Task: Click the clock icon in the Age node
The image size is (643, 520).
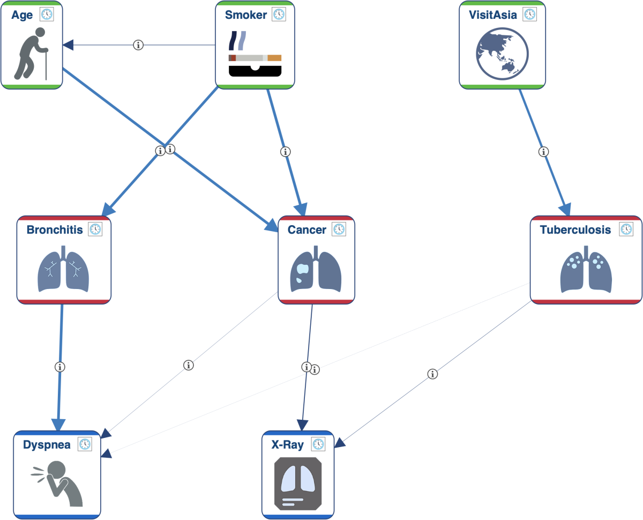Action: tap(47, 14)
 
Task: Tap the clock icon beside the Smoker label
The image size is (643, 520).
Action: tap(279, 14)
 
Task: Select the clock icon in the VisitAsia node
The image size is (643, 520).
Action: tap(530, 14)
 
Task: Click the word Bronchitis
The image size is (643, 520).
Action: tap(55, 230)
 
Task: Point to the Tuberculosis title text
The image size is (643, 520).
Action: tap(575, 230)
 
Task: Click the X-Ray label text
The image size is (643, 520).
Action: tap(287, 445)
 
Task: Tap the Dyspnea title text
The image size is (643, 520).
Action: tap(47, 445)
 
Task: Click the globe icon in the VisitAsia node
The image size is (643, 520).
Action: tap(502, 54)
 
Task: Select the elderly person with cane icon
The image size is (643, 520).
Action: tap(31, 54)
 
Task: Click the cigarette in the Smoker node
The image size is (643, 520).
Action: tap(255, 58)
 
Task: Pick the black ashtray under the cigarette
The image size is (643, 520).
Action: tap(255, 71)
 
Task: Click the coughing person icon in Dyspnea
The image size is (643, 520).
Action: tap(57, 484)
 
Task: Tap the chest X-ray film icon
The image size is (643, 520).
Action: tap(298, 484)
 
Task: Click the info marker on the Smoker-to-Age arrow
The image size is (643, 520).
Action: tap(138, 45)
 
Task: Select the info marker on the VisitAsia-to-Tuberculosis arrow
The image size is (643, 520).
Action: tap(543, 152)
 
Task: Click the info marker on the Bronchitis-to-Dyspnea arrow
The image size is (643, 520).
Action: tap(60, 367)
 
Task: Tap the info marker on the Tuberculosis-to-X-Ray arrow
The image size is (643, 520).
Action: tap(432, 374)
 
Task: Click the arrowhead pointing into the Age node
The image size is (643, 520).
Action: tap(68, 45)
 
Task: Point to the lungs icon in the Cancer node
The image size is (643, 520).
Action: tap(316, 269)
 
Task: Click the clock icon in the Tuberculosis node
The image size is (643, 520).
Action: tap(626, 229)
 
